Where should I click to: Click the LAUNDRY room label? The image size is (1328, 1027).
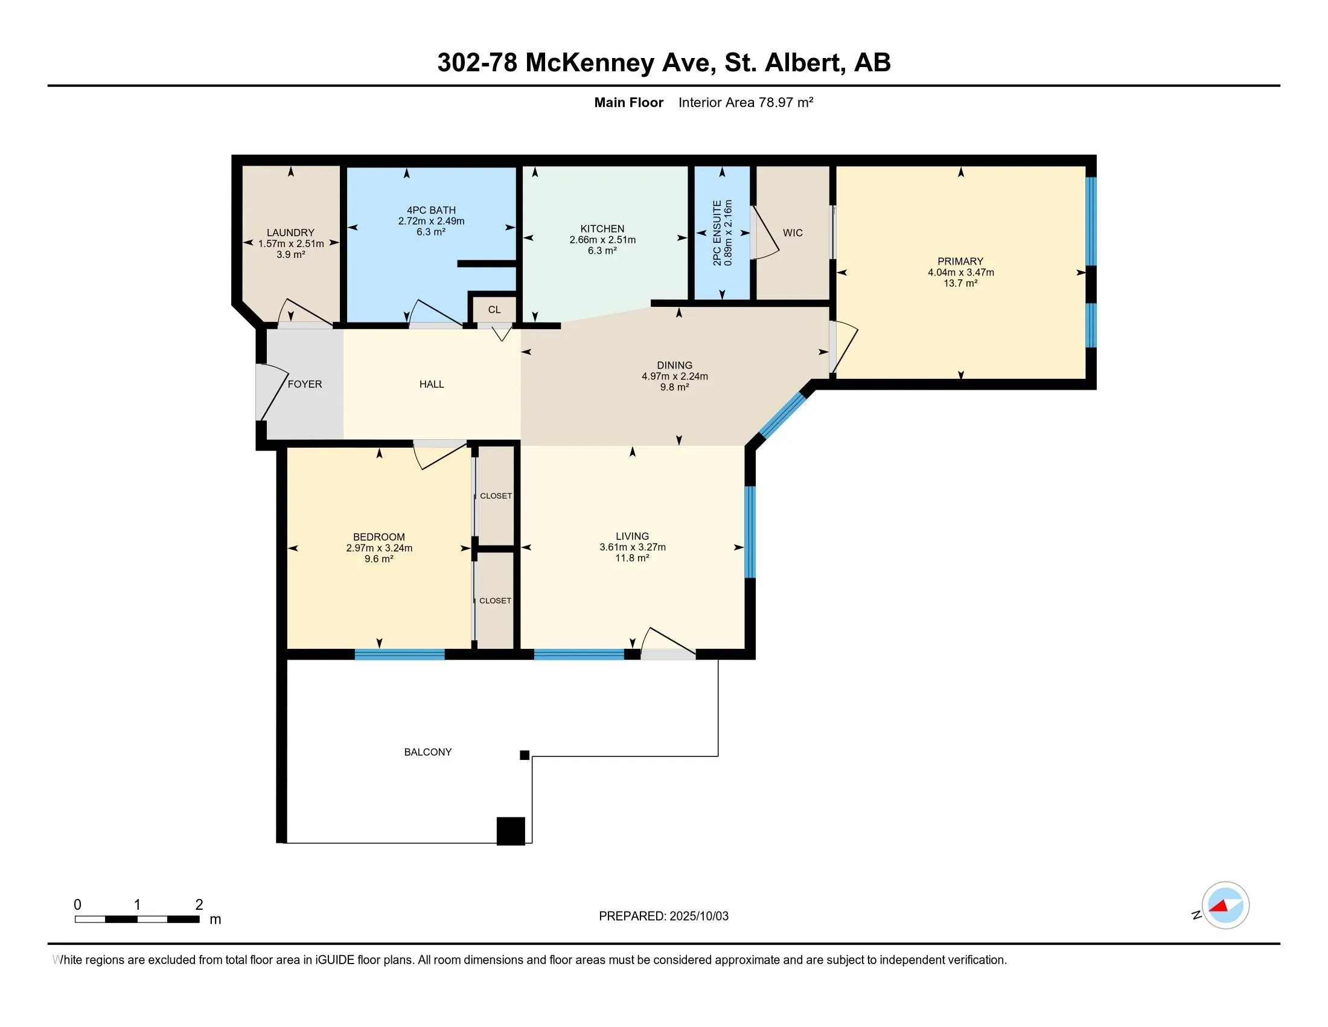click(291, 233)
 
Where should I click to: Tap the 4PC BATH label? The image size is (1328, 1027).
click(431, 210)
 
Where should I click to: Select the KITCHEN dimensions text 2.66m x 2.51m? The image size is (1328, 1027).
click(602, 240)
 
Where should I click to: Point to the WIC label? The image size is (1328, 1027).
click(793, 233)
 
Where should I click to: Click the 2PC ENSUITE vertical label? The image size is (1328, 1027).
click(718, 233)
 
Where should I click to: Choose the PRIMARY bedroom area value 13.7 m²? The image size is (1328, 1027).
click(961, 283)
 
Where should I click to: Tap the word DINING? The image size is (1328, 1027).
click(674, 365)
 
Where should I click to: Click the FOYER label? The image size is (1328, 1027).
click(305, 384)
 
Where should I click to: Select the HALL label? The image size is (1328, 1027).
click(432, 384)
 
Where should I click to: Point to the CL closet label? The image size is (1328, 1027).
click(494, 310)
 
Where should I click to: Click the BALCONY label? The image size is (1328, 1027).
click(428, 752)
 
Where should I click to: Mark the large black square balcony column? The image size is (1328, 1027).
click(511, 831)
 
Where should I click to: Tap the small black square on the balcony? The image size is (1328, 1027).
click(525, 755)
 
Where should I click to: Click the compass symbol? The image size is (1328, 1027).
click(1225, 906)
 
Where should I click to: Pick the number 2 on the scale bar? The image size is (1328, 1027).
click(199, 905)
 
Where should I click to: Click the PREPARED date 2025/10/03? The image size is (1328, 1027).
click(698, 916)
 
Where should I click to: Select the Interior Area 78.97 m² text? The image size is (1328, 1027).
click(746, 102)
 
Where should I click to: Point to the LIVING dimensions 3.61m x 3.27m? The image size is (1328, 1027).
click(633, 547)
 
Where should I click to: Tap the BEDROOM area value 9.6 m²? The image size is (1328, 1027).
click(379, 559)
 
